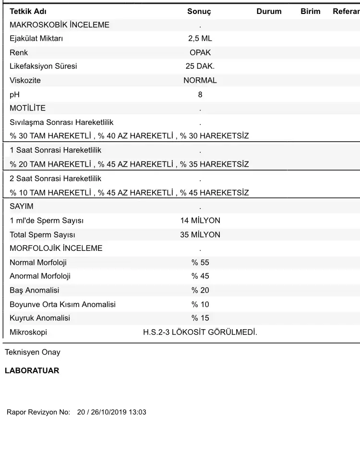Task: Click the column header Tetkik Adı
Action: [x=28, y=12]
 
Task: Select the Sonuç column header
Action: [x=199, y=12]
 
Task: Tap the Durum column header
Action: [x=269, y=12]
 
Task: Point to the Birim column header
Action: [x=310, y=12]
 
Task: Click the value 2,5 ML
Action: [x=200, y=38]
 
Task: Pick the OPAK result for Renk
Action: [x=200, y=52]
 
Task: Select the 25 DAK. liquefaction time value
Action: [x=200, y=66]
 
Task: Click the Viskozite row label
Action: [x=25, y=80]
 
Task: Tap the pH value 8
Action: [x=200, y=95]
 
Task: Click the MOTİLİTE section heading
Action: [x=28, y=108]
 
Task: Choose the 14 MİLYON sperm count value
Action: [x=200, y=221]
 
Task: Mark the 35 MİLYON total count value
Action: [x=200, y=234]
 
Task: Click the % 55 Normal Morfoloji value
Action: [x=200, y=262]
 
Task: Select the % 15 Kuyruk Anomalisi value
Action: [x=200, y=318]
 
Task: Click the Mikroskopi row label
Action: [x=28, y=332]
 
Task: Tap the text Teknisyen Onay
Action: [x=33, y=352]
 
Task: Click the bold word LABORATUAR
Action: [x=32, y=371]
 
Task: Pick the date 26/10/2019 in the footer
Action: [x=108, y=412]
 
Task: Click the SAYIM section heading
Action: [x=22, y=206]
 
